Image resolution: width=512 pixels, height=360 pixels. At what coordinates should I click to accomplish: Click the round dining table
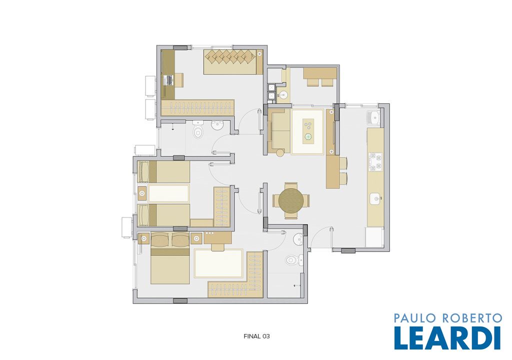click(291, 200)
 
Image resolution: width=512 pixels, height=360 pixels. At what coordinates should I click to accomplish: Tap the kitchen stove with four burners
click(375, 162)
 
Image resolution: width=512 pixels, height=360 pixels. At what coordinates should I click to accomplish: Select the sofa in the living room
click(279, 132)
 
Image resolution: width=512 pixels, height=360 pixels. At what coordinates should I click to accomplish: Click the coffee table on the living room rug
click(308, 131)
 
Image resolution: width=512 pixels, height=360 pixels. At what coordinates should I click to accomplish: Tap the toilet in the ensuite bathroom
click(293, 260)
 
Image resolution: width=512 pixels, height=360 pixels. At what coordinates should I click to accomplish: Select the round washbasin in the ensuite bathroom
click(298, 239)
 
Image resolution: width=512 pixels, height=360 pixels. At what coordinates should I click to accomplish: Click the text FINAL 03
click(256, 336)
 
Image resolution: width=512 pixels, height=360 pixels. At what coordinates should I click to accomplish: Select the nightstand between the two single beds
click(142, 193)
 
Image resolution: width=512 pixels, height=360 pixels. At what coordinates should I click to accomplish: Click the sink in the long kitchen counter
click(375, 198)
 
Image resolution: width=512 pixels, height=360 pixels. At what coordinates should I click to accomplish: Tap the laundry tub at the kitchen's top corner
click(373, 118)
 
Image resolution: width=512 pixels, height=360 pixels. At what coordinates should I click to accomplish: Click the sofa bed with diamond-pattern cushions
click(233, 61)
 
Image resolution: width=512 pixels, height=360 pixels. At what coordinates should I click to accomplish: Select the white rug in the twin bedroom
click(168, 193)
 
